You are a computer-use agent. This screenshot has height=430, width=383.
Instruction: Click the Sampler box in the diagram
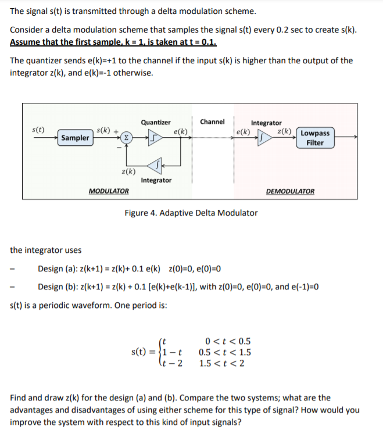click(x=75, y=138)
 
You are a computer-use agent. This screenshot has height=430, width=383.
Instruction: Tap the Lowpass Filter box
click(x=314, y=138)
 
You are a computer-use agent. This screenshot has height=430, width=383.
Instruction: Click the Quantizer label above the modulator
click(x=156, y=123)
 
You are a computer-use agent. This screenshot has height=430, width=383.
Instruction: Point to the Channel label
click(x=212, y=121)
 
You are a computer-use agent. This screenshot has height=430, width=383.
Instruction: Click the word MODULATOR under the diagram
click(x=109, y=191)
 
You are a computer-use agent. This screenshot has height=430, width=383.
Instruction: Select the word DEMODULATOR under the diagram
click(x=291, y=191)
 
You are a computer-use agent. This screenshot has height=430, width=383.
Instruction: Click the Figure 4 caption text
click(x=191, y=213)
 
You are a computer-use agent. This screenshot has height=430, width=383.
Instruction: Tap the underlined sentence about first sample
click(x=113, y=42)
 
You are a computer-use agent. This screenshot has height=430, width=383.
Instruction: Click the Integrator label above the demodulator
click(x=266, y=123)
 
